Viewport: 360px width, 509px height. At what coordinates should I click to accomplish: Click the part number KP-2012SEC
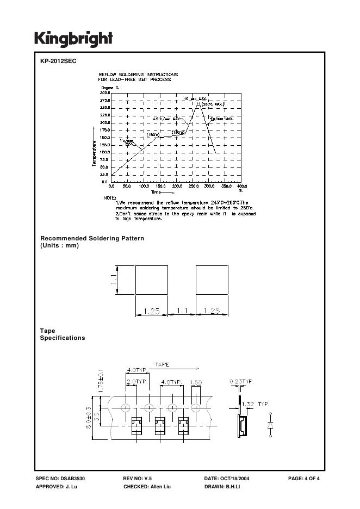tap(58, 61)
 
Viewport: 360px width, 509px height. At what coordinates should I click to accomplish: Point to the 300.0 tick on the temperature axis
tap(105, 93)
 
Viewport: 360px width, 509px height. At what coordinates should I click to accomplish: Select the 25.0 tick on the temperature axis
tap(105, 175)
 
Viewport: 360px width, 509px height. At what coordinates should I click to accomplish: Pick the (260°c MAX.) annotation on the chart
tap(213, 103)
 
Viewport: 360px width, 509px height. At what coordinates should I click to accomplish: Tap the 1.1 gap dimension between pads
tap(182, 311)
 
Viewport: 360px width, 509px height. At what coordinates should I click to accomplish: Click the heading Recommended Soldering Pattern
tap(92, 239)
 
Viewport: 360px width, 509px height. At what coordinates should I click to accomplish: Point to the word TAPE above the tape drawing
tap(162, 364)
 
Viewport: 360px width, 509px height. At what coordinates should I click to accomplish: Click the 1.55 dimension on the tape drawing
tap(196, 383)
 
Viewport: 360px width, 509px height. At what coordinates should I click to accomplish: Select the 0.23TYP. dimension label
tap(241, 382)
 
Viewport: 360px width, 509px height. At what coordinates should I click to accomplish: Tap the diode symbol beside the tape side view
tap(270, 424)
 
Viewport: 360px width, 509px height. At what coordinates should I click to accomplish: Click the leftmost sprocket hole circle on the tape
tap(126, 408)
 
